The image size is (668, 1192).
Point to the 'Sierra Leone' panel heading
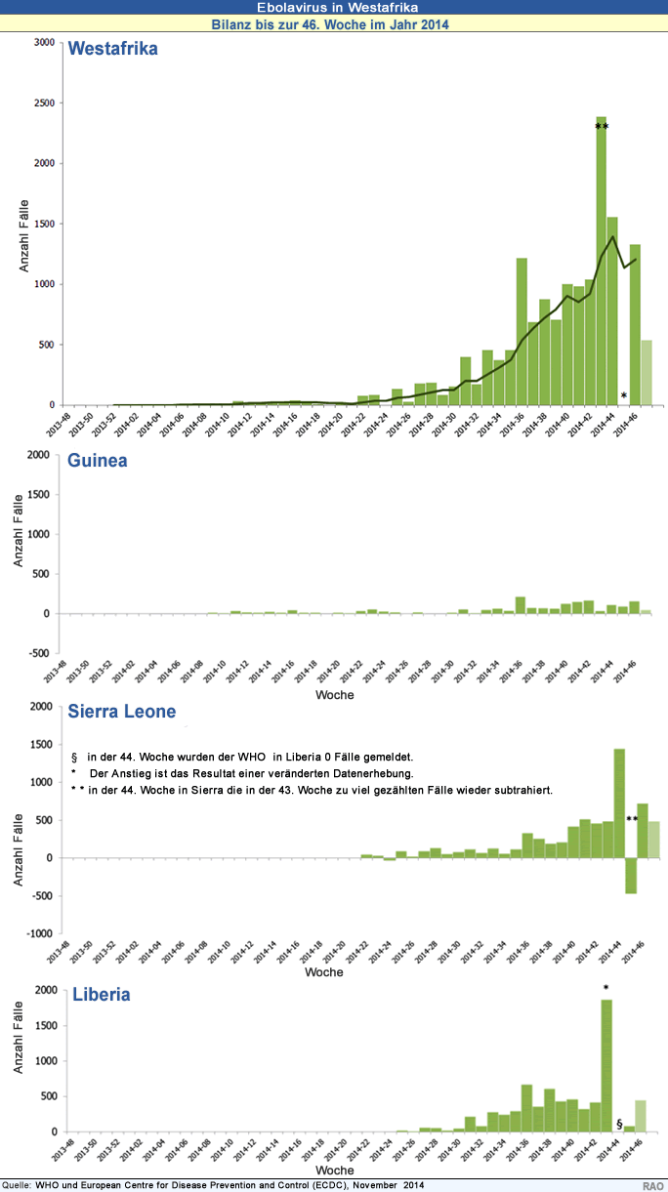click(121, 712)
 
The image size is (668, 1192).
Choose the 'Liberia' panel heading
click(102, 995)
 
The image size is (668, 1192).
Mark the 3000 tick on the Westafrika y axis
click(44, 42)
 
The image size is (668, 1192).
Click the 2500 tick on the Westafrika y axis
click(44, 103)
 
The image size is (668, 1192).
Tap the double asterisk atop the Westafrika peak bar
click(602, 128)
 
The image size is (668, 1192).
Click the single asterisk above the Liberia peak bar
click(605, 989)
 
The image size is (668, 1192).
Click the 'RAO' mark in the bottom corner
click(653, 1185)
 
